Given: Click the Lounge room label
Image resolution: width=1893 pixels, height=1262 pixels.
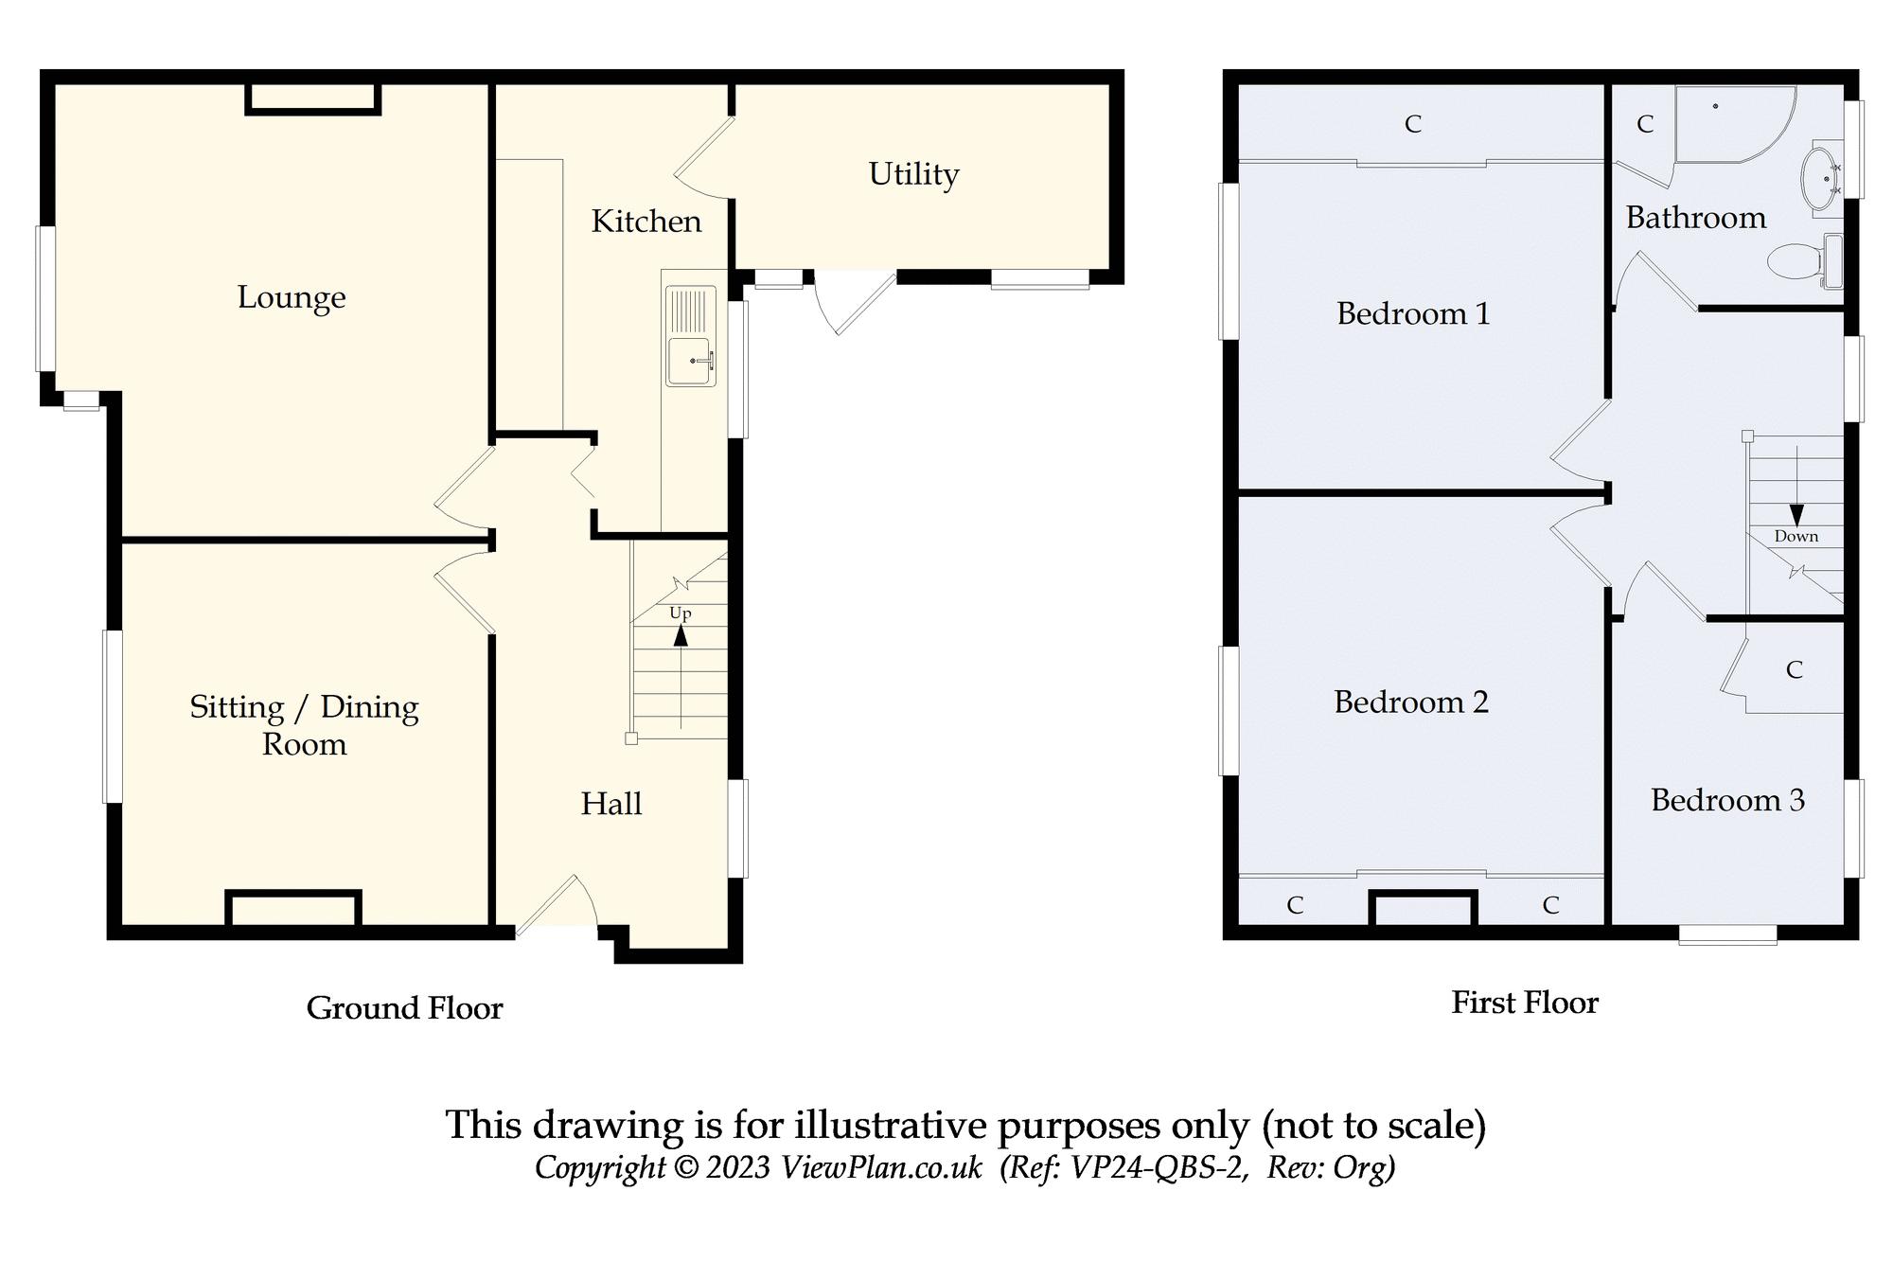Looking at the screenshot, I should coord(291,297).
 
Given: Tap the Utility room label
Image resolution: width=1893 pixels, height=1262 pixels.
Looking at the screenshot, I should coord(913,174).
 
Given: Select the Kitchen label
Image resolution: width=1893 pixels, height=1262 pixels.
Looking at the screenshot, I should coord(646,222).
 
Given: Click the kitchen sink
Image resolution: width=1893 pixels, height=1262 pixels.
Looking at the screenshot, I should coord(690,360).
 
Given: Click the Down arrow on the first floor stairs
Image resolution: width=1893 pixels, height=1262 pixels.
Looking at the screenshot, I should coord(1796,513).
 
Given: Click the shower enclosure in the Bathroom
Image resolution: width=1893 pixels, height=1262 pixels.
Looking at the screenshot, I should coord(1727,123).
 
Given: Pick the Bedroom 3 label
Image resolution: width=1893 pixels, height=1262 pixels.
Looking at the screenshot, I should coord(1727,801).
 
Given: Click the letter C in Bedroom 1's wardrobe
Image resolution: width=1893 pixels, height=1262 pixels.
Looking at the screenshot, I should coord(1413,124).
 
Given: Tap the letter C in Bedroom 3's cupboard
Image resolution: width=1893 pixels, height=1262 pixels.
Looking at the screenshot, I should coord(1794,670).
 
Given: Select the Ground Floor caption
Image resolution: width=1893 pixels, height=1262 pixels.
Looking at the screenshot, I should coord(404,1008).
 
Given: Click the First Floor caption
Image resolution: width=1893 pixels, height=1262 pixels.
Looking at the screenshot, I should coord(1524,1003).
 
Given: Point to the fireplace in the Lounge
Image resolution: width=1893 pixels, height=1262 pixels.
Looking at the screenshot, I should coord(313,99).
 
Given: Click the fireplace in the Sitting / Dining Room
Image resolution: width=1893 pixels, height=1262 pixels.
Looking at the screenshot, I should coord(292,909).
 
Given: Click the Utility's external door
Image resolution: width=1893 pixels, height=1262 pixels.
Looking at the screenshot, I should coord(852,300).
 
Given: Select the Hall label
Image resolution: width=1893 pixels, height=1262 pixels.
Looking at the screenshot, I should coord(610,804).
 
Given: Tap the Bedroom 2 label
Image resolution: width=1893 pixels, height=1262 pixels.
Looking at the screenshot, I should coord(1411,702).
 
